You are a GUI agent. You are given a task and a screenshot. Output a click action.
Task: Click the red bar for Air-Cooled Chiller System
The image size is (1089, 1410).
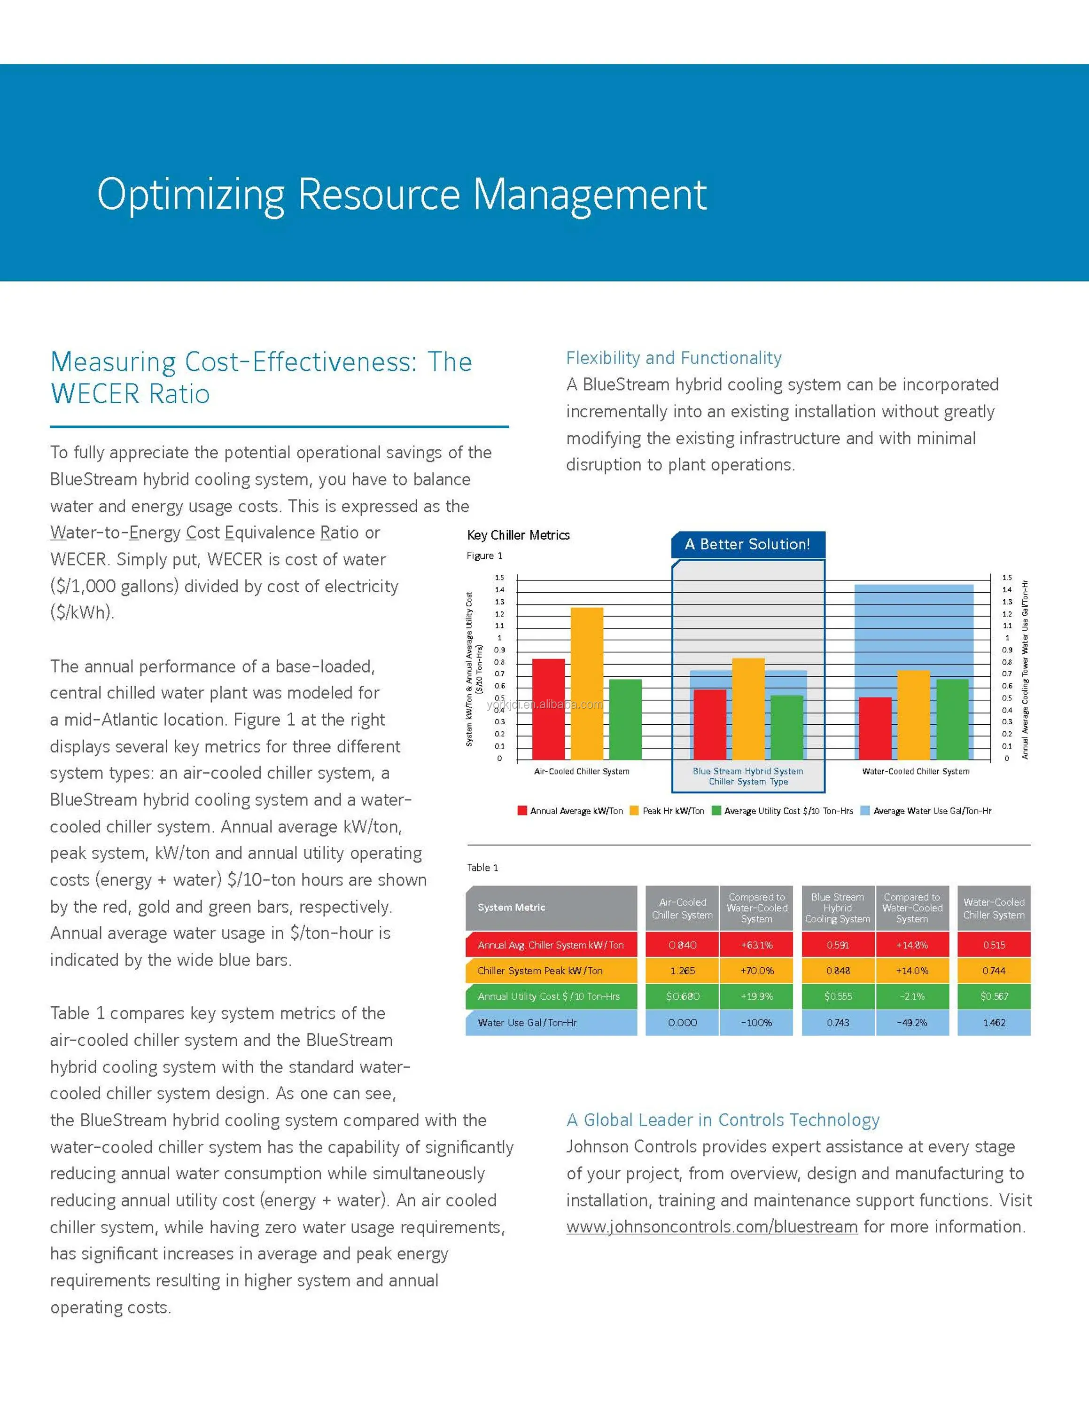(548, 709)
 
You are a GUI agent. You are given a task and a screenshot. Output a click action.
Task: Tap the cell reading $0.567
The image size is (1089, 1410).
(994, 996)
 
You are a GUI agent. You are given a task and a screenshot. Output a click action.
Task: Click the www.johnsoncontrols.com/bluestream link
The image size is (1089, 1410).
(712, 1227)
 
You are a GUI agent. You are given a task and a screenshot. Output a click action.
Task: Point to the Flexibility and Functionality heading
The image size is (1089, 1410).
(674, 358)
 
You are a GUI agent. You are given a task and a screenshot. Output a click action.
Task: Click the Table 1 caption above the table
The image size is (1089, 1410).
(482, 868)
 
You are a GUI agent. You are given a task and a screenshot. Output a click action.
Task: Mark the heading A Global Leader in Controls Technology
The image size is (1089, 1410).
(723, 1120)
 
